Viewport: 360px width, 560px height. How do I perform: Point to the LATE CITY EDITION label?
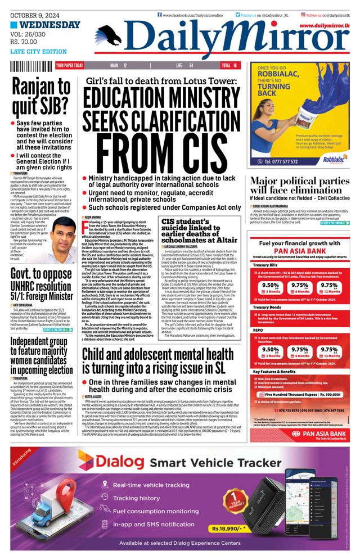pos(38,52)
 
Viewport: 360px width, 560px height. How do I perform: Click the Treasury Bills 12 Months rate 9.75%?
pos(330,286)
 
